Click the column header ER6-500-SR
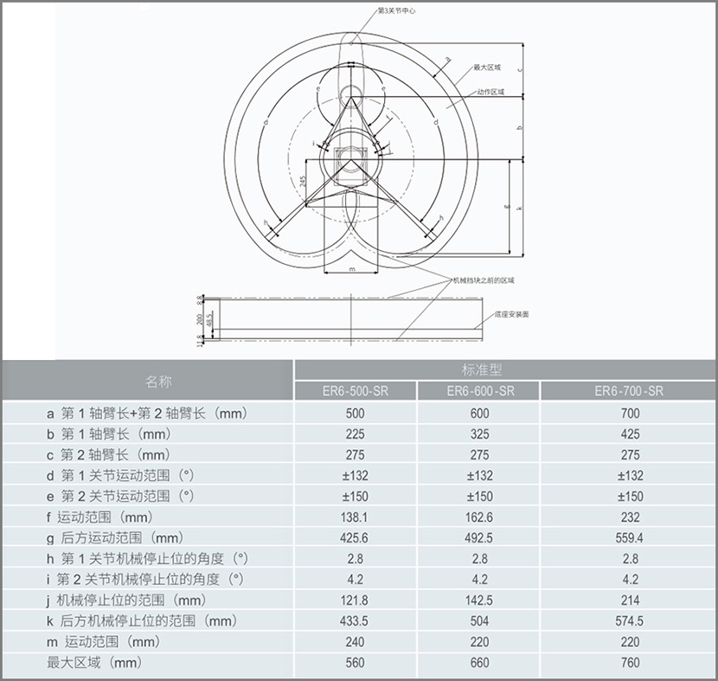click(355, 391)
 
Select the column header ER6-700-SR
click(630, 391)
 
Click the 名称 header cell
click(158, 381)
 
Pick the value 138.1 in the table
click(355, 517)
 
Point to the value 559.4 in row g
click(630, 538)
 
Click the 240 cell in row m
click(355, 642)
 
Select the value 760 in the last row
click(630, 663)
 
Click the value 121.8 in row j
click(355, 601)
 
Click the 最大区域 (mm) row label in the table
click(94, 663)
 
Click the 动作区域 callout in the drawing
click(489, 92)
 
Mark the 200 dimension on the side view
click(200, 319)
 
